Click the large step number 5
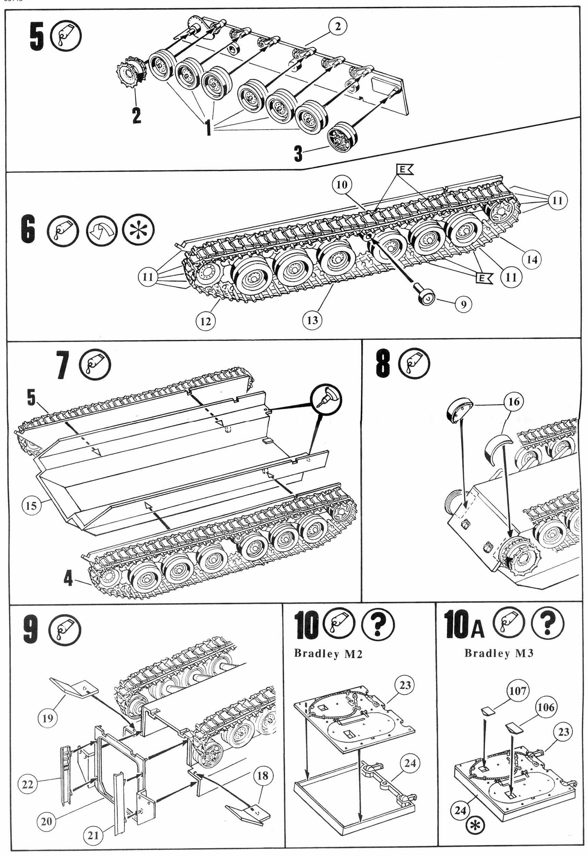(x=37, y=36)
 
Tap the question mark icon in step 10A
(x=547, y=623)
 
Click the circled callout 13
(x=312, y=320)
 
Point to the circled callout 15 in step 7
(x=31, y=505)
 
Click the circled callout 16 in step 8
(x=514, y=401)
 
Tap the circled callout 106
(x=546, y=707)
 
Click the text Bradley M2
(x=328, y=653)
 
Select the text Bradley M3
(x=499, y=653)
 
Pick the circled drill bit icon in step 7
(x=326, y=399)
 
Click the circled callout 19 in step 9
(x=48, y=718)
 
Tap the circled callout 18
(x=262, y=775)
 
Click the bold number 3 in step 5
(x=298, y=154)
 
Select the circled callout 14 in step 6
(x=531, y=259)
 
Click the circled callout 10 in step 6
(x=342, y=184)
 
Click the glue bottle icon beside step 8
(x=414, y=363)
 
